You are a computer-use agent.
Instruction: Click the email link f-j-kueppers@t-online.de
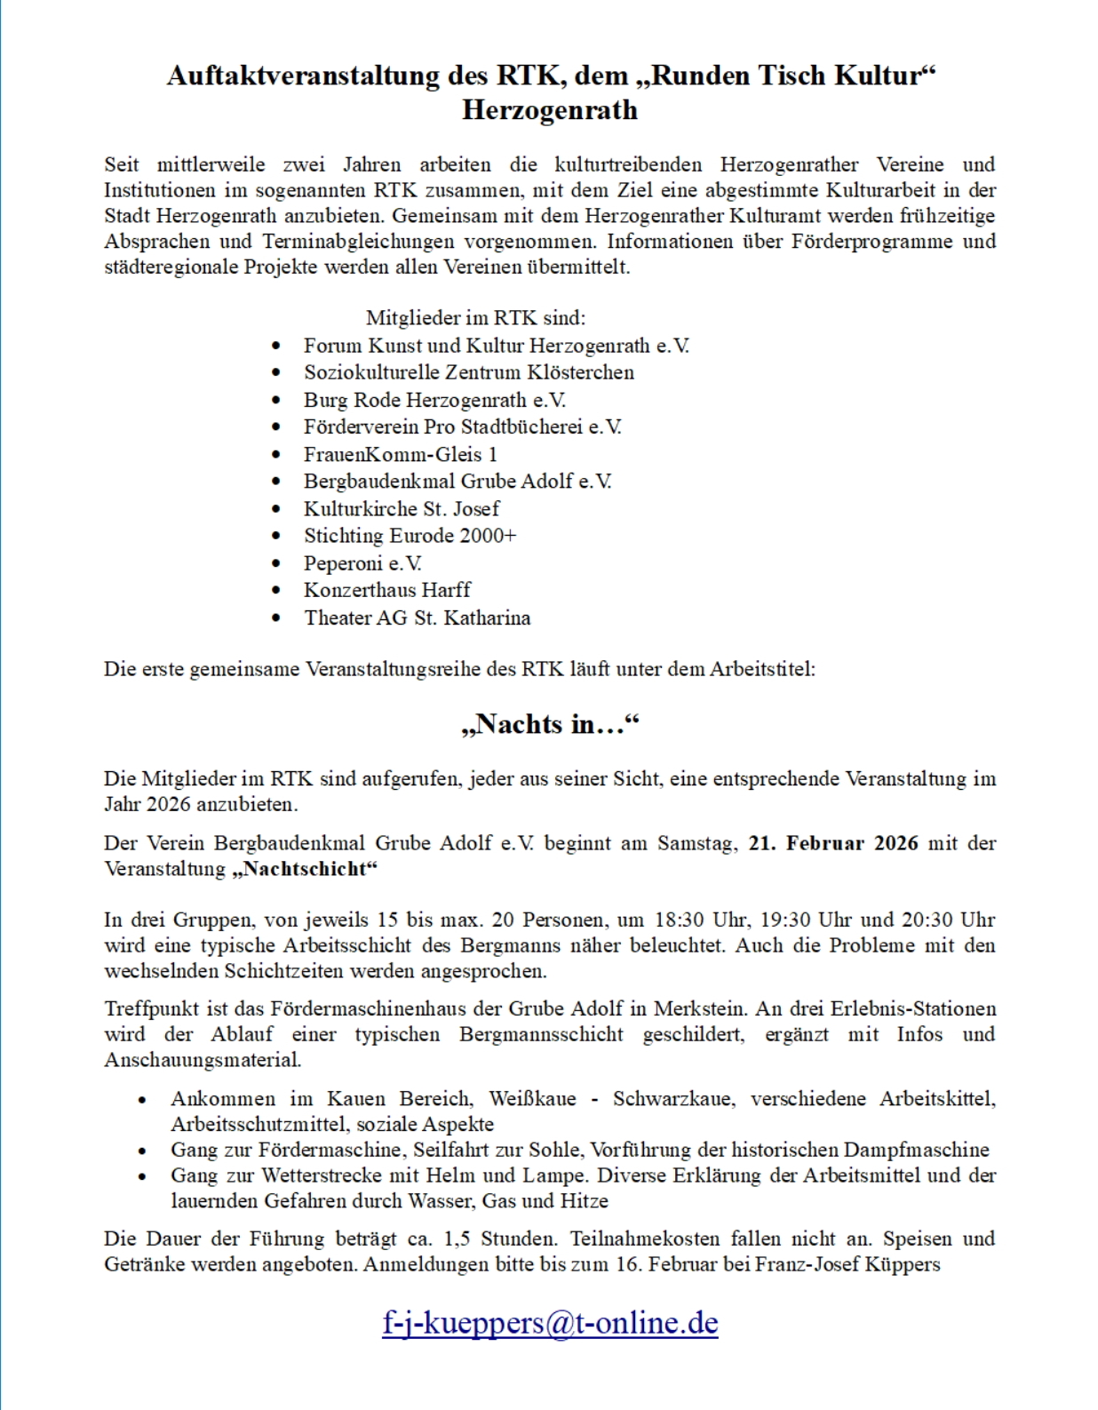tap(550, 1323)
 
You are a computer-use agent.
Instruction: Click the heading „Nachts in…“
tap(550, 724)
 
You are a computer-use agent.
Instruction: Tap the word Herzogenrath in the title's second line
tap(550, 110)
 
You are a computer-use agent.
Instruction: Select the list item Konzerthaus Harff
tap(387, 590)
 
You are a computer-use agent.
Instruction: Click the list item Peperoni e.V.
tap(362, 563)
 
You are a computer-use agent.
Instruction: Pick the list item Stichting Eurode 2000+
tap(410, 536)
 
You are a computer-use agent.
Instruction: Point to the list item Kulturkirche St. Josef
tap(402, 509)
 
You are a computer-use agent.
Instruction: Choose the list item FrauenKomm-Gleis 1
tap(401, 455)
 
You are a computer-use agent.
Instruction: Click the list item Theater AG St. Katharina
tap(417, 617)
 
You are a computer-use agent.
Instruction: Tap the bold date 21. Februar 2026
tap(833, 843)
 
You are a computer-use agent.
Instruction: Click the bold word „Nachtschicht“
tap(304, 869)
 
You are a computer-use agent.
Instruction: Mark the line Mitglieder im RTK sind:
tap(475, 318)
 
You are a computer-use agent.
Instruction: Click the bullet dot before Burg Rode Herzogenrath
tap(276, 401)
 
